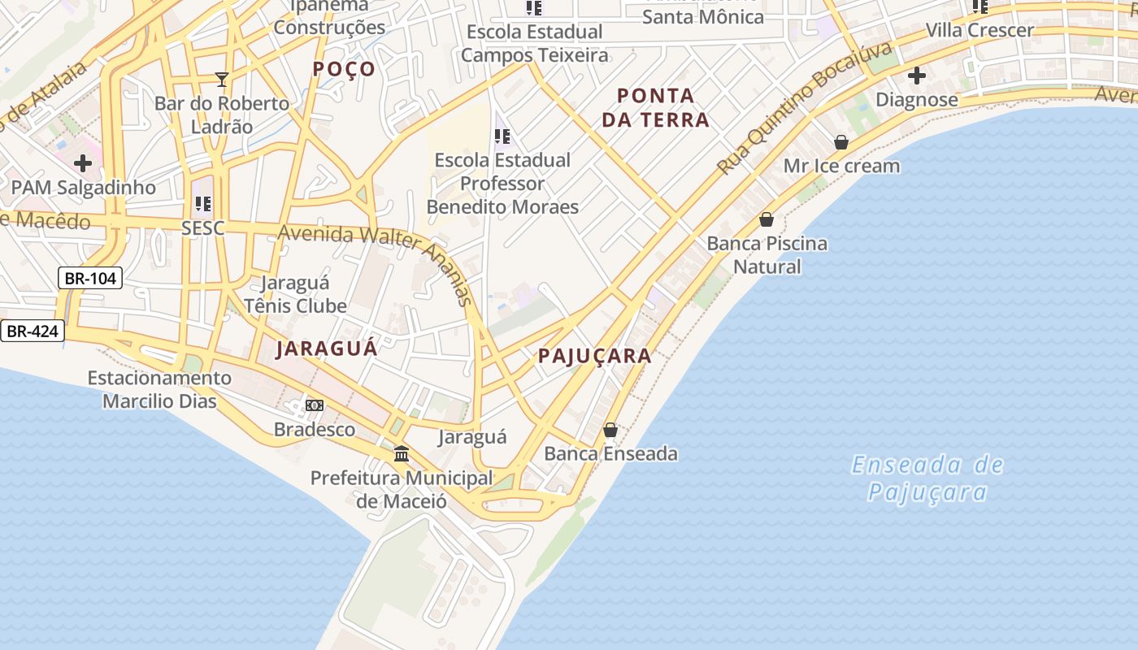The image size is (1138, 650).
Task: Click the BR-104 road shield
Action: (90, 279)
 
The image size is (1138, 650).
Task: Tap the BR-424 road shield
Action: (33, 331)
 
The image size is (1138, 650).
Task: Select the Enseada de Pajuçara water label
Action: (927, 479)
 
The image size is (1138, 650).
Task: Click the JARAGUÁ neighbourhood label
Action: (327, 349)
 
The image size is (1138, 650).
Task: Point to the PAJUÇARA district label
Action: (595, 356)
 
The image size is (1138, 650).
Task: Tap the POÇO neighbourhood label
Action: (345, 69)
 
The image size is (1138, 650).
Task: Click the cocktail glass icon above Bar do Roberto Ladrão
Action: (221, 79)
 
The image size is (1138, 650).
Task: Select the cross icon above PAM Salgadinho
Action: (83, 163)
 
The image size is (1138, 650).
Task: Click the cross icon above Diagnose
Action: (917, 76)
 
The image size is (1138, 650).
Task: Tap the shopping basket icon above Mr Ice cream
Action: (841, 143)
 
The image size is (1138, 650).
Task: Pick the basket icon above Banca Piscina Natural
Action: (766, 219)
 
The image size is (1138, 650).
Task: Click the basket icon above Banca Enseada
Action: (610, 430)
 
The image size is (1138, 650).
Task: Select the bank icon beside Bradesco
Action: (314, 405)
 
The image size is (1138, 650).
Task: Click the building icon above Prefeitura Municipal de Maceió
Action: (402, 453)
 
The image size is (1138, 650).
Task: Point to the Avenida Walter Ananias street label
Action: (376, 252)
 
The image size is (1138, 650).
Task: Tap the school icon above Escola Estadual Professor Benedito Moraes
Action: (502, 136)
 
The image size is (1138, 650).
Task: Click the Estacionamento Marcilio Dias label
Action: (159, 389)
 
